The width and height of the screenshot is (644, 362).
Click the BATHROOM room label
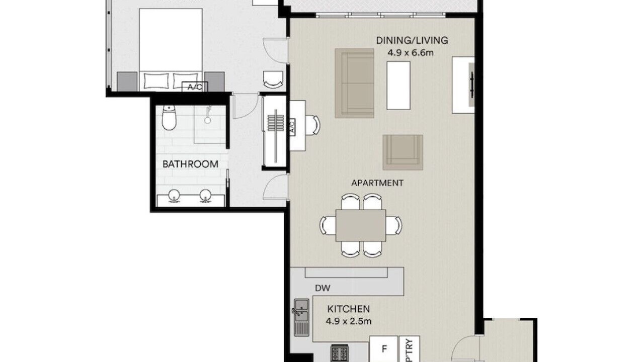tap(190, 164)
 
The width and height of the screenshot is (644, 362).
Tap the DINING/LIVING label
tap(412, 40)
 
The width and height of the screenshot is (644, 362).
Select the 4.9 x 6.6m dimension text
tap(411, 53)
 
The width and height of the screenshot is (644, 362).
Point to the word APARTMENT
tap(377, 183)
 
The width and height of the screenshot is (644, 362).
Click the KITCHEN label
tap(349, 309)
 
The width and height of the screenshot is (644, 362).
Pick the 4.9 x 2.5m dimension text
tap(349, 321)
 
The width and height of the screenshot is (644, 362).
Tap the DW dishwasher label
tap(323, 288)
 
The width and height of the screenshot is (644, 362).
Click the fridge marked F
tap(384, 349)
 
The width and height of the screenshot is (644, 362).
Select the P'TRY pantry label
tap(410, 351)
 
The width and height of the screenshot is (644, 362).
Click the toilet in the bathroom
tap(169, 118)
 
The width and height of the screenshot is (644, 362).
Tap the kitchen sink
tap(301, 317)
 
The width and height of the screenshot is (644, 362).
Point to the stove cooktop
tap(340, 353)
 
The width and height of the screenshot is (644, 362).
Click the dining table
tap(361, 225)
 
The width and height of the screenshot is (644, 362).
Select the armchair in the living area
tap(403, 152)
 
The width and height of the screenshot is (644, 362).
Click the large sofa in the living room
tap(355, 83)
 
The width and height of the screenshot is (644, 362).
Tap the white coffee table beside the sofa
tap(398, 85)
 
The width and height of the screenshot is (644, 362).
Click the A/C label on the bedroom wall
tap(195, 86)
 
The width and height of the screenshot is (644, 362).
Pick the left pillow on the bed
tap(156, 80)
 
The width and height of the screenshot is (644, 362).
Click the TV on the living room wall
tap(471, 85)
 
